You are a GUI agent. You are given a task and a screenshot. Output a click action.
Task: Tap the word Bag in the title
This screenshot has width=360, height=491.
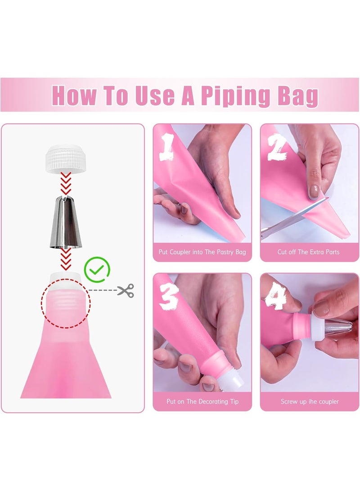(x=298, y=96)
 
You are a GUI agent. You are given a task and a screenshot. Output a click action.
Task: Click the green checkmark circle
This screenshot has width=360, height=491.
(x=97, y=270)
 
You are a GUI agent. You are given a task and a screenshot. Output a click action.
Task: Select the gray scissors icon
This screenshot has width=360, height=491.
(x=126, y=290)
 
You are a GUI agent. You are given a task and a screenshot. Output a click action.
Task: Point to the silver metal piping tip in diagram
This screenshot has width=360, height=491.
(x=66, y=222)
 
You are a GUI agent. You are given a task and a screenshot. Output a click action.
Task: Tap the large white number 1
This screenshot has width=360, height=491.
(x=167, y=147)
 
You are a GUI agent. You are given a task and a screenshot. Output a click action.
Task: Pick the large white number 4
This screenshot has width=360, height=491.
(x=275, y=296)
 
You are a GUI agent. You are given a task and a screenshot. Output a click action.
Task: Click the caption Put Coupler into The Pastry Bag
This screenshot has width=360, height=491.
(x=202, y=252)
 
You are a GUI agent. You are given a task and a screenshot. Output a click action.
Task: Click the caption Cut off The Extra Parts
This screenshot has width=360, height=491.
(x=308, y=252)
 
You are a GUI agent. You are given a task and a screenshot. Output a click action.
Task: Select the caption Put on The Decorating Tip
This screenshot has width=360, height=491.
(x=202, y=401)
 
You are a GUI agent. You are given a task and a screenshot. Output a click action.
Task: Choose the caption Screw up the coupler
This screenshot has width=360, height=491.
(x=310, y=401)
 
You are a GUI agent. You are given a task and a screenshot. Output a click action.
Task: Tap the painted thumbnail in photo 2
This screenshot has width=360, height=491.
(x=314, y=191)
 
